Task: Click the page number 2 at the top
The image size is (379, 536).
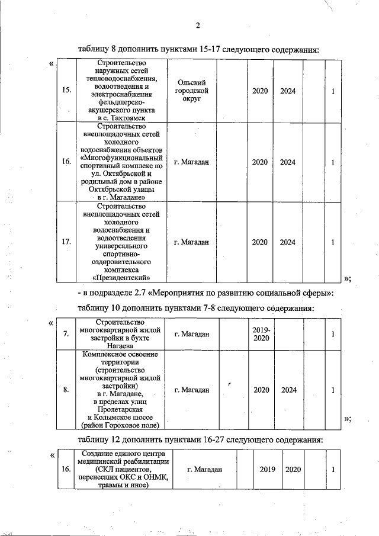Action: (x=198, y=25)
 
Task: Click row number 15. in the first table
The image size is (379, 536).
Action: (x=66, y=91)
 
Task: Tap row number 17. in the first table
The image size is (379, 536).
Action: (x=66, y=242)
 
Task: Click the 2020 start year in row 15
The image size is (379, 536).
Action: (x=260, y=91)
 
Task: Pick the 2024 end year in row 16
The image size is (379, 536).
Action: (x=288, y=162)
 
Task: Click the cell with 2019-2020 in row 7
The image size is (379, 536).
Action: (x=261, y=334)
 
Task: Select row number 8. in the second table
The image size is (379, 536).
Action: (x=66, y=390)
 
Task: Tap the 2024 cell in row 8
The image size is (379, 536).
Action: (x=288, y=390)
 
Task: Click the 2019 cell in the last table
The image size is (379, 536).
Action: (x=268, y=470)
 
